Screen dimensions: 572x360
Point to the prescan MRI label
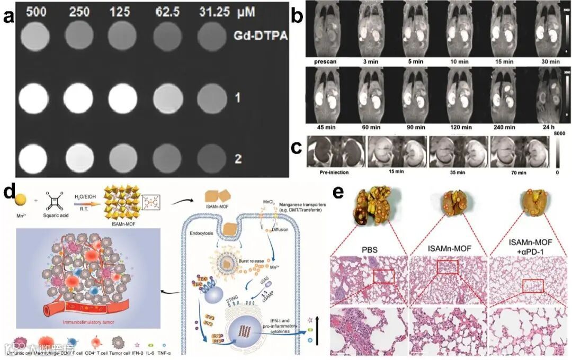point(325,62)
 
